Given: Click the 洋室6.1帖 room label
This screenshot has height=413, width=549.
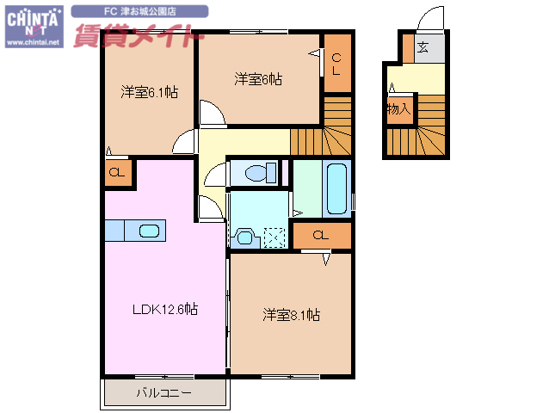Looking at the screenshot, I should [x=149, y=91].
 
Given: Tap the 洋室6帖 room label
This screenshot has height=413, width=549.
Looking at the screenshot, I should [x=258, y=79].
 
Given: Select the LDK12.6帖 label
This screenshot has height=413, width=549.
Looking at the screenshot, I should [x=164, y=309].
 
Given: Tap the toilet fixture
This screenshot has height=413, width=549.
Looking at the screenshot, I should [x=256, y=173].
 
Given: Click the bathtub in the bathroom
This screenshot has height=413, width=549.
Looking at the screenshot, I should [x=337, y=188].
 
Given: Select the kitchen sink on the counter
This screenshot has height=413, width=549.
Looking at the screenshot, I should [x=149, y=231].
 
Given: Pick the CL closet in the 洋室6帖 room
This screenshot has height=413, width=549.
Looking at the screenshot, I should [x=337, y=64].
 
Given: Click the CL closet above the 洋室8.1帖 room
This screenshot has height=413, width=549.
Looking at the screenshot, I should [x=320, y=235].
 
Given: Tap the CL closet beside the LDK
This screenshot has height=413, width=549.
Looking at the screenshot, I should [x=116, y=172].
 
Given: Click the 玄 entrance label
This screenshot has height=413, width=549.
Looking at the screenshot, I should [x=424, y=47].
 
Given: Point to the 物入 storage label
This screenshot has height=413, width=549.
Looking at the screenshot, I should [x=398, y=109].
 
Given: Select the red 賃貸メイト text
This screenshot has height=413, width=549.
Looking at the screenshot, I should [x=138, y=38].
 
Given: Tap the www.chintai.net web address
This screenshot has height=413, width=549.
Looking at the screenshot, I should [x=34, y=41].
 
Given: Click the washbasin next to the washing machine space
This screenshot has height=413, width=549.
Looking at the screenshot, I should [x=244, y=236].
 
